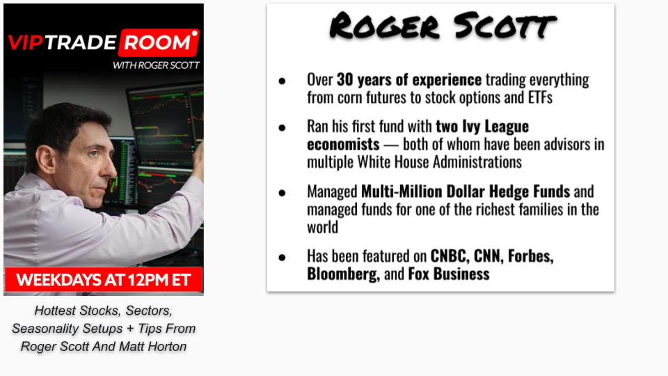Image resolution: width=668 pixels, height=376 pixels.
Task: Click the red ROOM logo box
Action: [x=159, y=42]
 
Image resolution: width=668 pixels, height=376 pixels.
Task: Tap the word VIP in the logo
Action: [x=26, y=42]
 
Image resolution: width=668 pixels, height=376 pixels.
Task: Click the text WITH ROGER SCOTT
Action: [x=156, y=65]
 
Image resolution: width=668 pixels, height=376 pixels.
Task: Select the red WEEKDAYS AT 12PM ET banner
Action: [x=104, y=280]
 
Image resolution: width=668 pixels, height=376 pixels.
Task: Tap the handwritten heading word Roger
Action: [x=384, y=26]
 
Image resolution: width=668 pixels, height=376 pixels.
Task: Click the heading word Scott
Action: [x=505, y=26]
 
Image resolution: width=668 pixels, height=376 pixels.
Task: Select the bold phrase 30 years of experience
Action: [x=409, y=79]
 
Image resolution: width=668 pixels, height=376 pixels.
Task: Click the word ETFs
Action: [x=540, y=97]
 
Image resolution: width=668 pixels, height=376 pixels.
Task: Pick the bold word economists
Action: [x=343, y=144]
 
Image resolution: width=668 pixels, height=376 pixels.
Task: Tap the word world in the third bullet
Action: [x=322, y=227]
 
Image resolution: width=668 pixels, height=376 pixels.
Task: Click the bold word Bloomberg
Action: [x=343, y=274]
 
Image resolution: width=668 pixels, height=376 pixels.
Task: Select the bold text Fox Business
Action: [x=449, y=274]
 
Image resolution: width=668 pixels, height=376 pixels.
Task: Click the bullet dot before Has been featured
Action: [x=282, y=258]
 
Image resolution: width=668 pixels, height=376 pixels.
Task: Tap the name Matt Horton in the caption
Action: [x=152, y=347]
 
